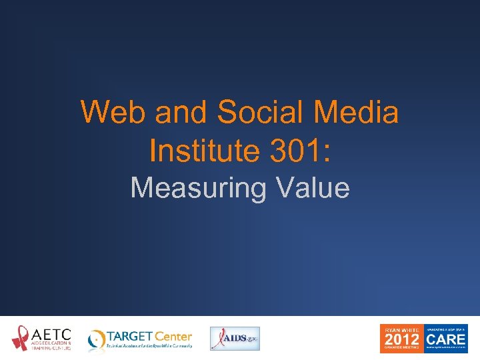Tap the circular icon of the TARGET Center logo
tap(97, 339)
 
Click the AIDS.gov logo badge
tap(235, 338)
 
